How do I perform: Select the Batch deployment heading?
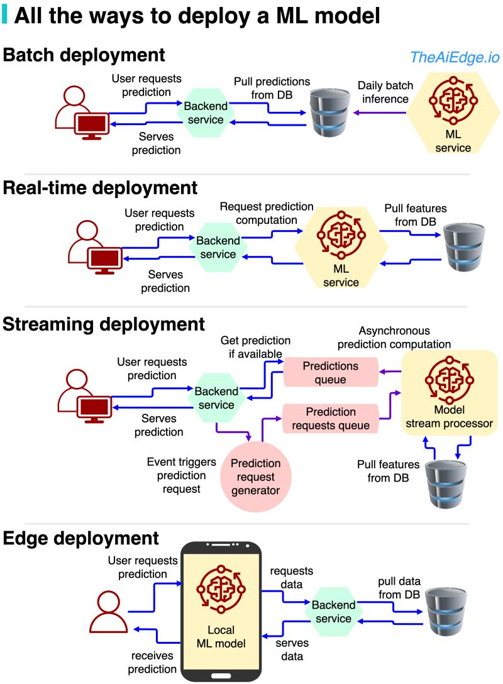pyautogui.click(x=84, y=55)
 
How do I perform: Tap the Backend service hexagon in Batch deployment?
pyautogui.click(x=202, y=113)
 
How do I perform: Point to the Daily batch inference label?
pyautogui.click(x=383, y=92)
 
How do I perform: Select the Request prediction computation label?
pyautogui.click(x=267, y=213)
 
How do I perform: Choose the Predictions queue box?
pyautogui.click(x=331, y=372)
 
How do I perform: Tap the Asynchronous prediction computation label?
pyautogui.click(x=394, y=337)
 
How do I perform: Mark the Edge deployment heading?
pyautogui.click(x=81, y=539)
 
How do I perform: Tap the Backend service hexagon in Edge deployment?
pyautogui.click(x=333, y=612)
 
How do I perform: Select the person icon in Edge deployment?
pyautogui.click(x=108, y=612)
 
